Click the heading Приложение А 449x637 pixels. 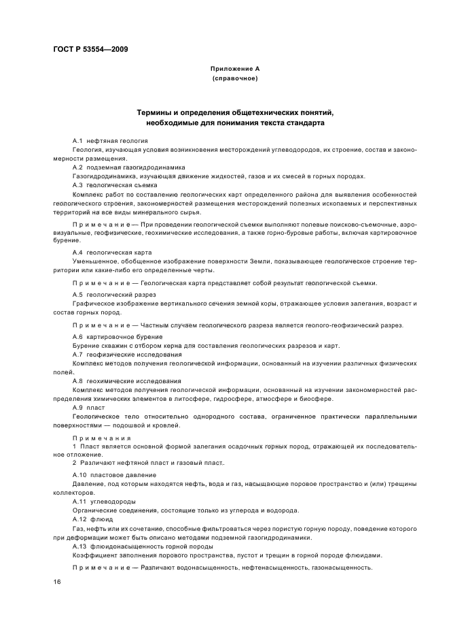pyautogui.click(x=235, y=69)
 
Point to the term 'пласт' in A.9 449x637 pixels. pyautogui.click(x=96, y=408)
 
